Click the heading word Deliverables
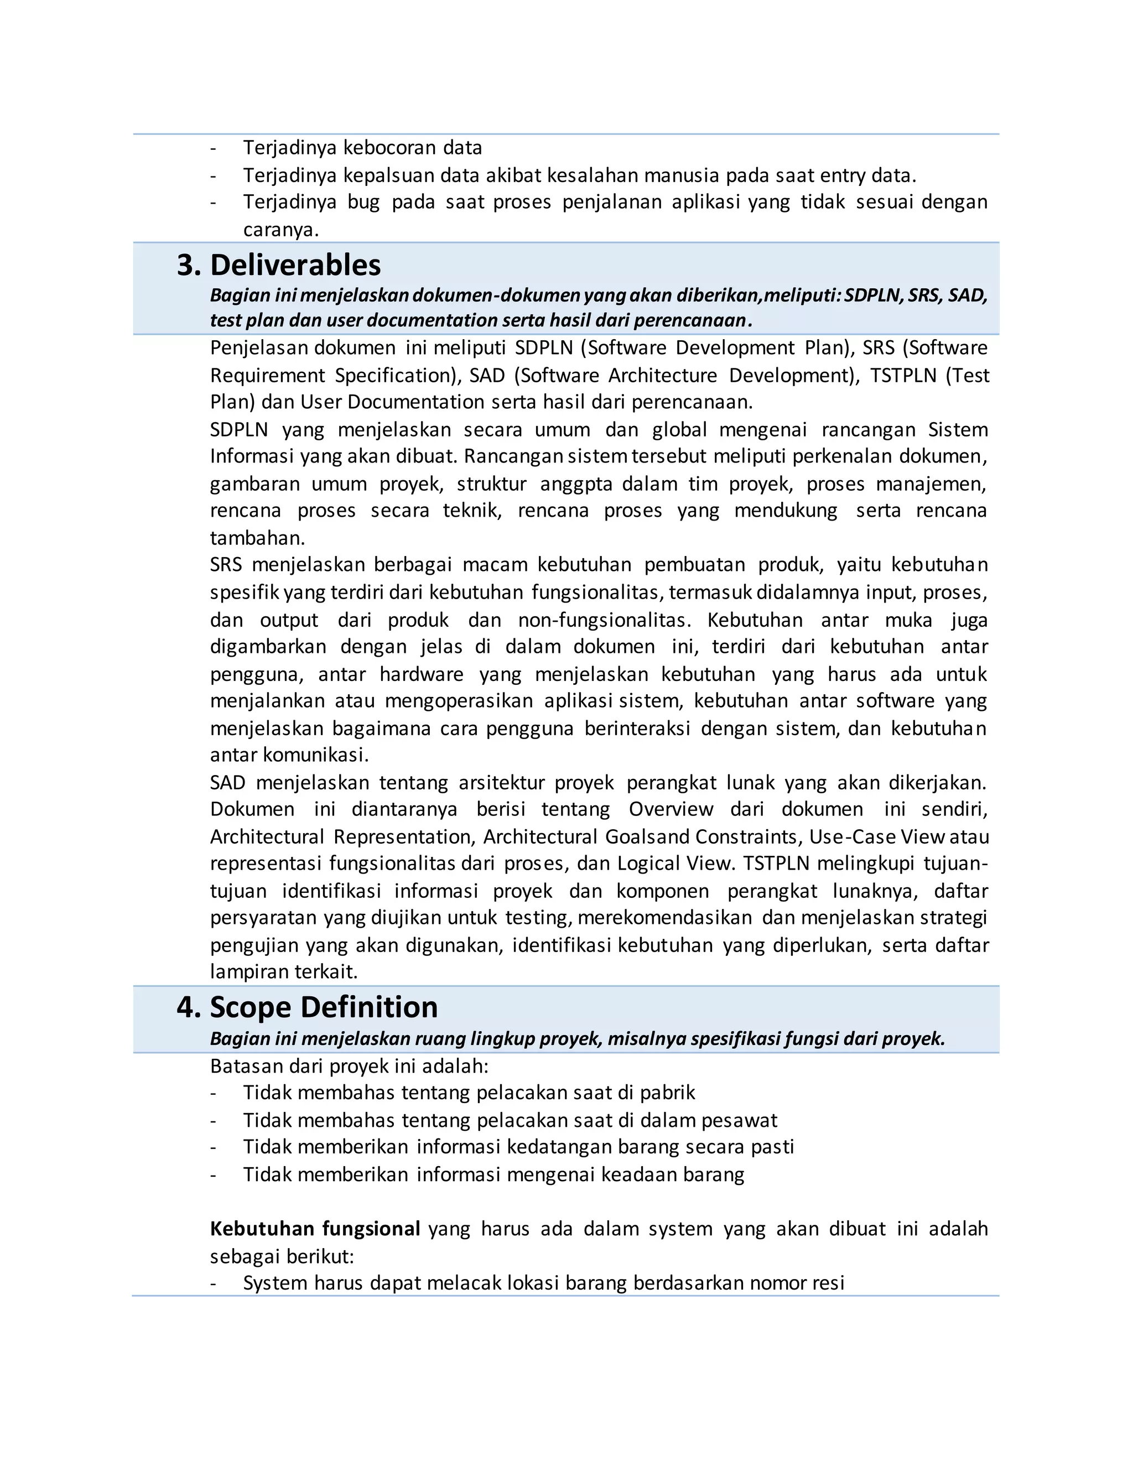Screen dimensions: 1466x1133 coord(295,265)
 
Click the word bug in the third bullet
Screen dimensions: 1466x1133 coord(363,202)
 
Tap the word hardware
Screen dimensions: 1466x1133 coord(422,674)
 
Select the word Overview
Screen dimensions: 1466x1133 coord(671,809)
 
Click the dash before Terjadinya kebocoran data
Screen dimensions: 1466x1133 coord(214,148)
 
